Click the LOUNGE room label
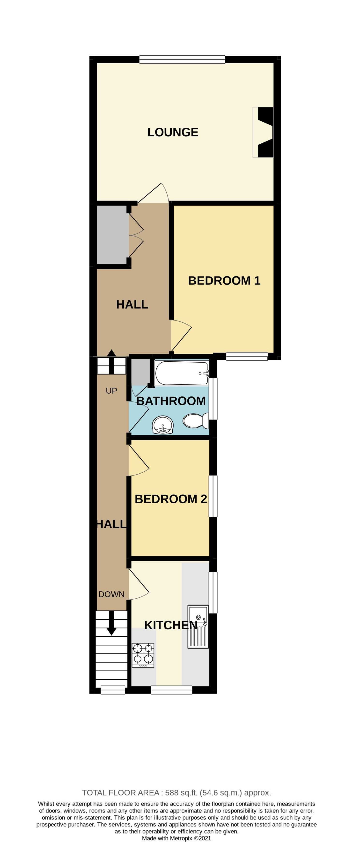click(173, 132)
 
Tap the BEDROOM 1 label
click(224, 280)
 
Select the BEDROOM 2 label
click(171, 499)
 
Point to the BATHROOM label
click(171, 401)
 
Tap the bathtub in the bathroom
click(182, 373)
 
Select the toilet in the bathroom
click(196, 421)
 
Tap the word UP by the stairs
click(111, 391)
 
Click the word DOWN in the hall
click(111, 594)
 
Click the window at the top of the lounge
click(182, 60)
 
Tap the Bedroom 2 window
click(213, 496)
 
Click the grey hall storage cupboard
click(112, 234)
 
